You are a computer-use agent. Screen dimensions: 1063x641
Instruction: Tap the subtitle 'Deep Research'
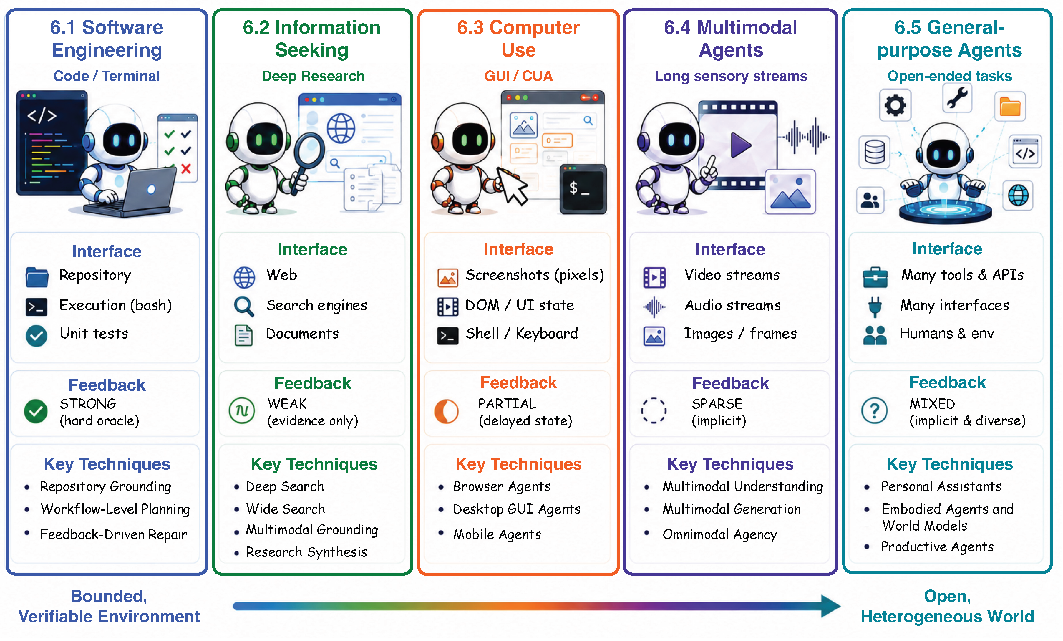tap(313, 76)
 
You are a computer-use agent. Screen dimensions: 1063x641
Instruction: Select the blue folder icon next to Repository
tap(37, 277)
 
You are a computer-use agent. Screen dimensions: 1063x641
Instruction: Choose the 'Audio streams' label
tap(732, 305)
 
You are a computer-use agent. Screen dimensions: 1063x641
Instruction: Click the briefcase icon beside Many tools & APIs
tap(875, 277)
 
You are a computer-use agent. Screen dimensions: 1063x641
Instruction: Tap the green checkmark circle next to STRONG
tap(36, 411)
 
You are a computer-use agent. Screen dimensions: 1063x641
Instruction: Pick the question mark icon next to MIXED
tap(875, 410)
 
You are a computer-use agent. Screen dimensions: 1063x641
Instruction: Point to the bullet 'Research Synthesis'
tap(306, 552)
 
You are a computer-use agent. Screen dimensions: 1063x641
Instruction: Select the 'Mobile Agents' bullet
tap(497, 534)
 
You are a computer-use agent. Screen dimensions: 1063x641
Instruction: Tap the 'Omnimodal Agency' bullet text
tap(719, 534)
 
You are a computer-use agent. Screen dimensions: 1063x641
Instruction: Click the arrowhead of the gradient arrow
tap(830, 606)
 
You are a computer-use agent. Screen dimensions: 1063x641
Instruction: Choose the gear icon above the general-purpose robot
tap(895, 105)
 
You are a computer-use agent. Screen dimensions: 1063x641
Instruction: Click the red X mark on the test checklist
tap(186, 168)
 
